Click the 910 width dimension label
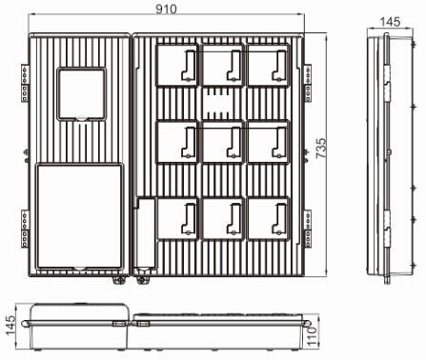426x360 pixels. pos(166,10)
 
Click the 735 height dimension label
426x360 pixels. pos(321,149)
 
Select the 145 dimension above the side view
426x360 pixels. pos(390,22)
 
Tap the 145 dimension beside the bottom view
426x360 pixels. pos(10,326)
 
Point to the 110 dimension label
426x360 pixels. pos(313,336)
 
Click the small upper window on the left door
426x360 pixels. pos(81,94)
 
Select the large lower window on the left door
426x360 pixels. pos(79,216)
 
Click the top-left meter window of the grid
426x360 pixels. pos(177,65)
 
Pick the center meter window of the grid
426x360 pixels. pos(222,142)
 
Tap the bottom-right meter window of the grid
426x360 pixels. pos(268,218)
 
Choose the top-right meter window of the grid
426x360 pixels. pos(268,65)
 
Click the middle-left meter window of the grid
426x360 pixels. pos(177,142)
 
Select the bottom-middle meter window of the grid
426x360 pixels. pos(222,218)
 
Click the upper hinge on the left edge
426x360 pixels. pos(25,83)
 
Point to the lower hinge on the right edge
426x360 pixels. pos(308,229)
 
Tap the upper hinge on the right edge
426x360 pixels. pos(308,83)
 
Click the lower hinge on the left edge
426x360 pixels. pos(25,229)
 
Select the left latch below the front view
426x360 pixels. pos(119,280)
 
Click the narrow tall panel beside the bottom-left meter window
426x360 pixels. pos(146,234)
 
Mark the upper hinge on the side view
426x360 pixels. pos(387,84)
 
